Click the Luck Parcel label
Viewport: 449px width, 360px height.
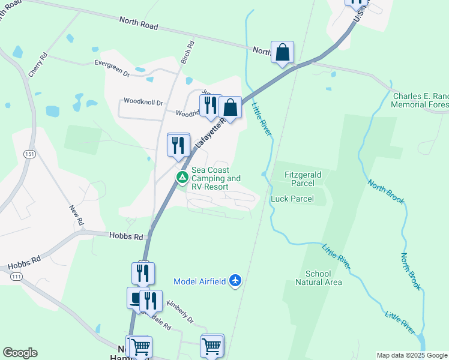[x=292, y=199]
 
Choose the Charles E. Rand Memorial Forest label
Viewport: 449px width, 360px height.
[x=420, y=100]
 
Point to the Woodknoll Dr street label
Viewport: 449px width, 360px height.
[x=143, y=103]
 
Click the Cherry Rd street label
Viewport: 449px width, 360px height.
[x=37, y=65]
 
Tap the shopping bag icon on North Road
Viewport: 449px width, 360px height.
[x=282, y=53]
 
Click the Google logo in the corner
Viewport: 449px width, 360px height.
[x=20, y=353]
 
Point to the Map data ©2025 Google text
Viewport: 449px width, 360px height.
[x=411, y=355]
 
